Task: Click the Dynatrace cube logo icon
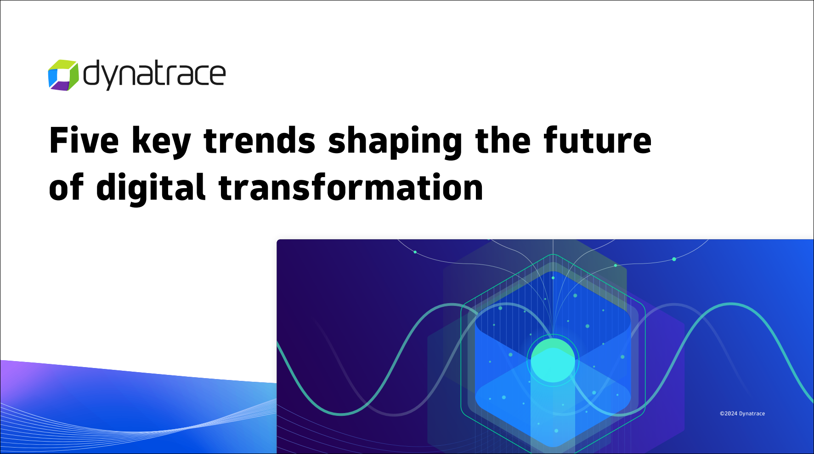click(x=63, y=75)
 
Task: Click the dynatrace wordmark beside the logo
click(x=154, y=75)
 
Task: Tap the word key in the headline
click(x=161, y=142)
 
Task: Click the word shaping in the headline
click(x=395, y=142)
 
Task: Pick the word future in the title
click(x=597, y=140)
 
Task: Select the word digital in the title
click(x=151, y=189)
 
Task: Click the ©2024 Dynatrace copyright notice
click(x=742, y=414)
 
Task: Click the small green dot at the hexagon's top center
click(x=553, y=278)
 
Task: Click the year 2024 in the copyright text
click(x=730, y=414)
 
